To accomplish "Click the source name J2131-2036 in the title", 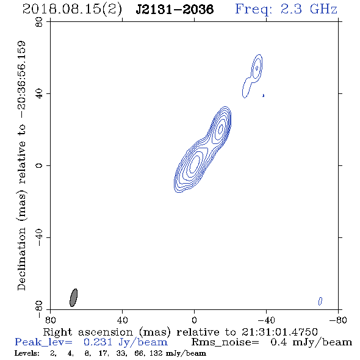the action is (x=175, y=10).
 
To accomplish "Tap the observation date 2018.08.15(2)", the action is (x=72, y=10).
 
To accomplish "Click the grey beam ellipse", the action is (x=73, y=298).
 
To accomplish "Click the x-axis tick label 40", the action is (x=122, y=320).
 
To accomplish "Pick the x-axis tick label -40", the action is (x=266, y=320).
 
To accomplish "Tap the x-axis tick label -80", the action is (x=338, y=320).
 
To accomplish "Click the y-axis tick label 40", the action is (x=39, y=94).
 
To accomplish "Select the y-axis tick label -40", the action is (x=39, y=237).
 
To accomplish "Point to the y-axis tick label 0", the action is (x=39, y=165).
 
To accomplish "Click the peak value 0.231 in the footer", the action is (x=98, y=342).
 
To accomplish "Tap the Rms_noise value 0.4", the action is (x=278, y=342).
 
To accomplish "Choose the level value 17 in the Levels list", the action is (x=103, y=353).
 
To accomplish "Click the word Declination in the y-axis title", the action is (x=21, y=259).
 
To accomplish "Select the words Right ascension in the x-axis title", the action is (x=88, y=332).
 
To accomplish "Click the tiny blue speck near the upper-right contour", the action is (x=264, y=95).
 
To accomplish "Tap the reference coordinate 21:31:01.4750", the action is (x=279, y=332).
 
